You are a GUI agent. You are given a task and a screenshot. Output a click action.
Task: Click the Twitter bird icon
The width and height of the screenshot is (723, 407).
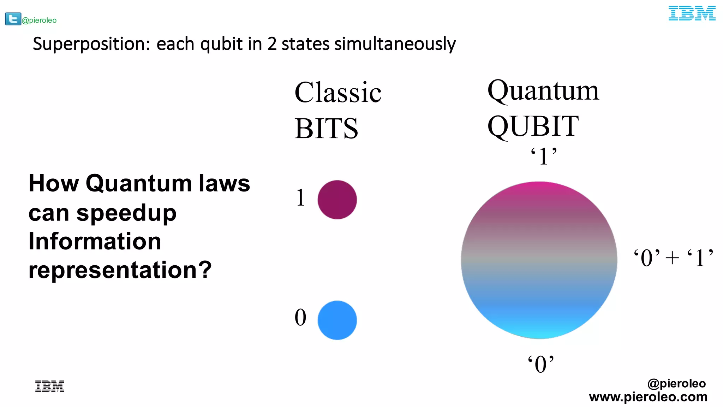(13, 19)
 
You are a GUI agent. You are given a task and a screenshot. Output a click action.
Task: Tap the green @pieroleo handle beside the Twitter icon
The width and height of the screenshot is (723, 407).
(39, 20)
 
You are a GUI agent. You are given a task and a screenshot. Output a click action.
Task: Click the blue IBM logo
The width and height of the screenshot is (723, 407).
(692, 13)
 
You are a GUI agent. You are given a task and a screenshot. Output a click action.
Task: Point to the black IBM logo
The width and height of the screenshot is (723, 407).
(50, 386)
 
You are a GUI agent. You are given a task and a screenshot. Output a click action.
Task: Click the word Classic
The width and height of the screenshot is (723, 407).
(338, 93)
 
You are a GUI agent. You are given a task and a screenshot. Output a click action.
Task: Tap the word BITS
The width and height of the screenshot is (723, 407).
(326, 129)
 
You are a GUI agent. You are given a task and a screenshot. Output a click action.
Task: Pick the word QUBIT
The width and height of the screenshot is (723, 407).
(533, 126)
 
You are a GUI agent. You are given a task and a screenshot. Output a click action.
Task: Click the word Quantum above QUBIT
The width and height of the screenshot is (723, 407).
(543, 91)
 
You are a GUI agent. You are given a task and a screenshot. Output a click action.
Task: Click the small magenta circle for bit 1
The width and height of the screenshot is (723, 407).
(337, 200)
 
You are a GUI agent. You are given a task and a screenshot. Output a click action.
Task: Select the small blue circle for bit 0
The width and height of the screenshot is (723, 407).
(337, 320)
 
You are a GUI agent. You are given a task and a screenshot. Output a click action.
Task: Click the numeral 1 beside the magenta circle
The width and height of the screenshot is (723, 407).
(300, 197)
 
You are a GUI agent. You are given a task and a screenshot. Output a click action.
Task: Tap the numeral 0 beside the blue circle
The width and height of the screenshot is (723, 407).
(300, 317)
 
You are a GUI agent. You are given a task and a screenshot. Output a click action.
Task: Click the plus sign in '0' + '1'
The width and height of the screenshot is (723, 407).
(672, 258)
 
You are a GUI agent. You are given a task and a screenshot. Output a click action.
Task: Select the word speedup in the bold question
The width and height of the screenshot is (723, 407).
(126, 213)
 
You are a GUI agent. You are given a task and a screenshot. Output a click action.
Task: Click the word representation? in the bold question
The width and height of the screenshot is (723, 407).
(120, 270)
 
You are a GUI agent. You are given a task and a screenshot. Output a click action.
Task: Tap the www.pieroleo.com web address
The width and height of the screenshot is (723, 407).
(648, 397)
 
